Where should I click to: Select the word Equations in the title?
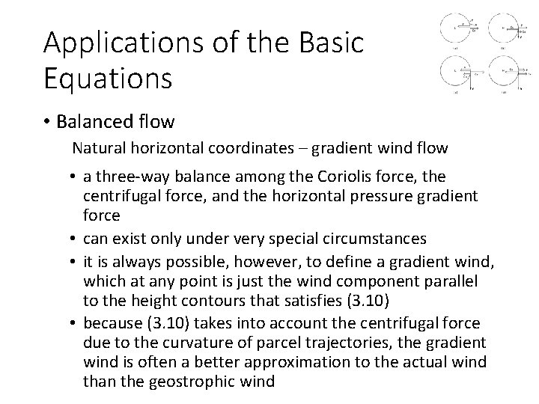109,77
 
